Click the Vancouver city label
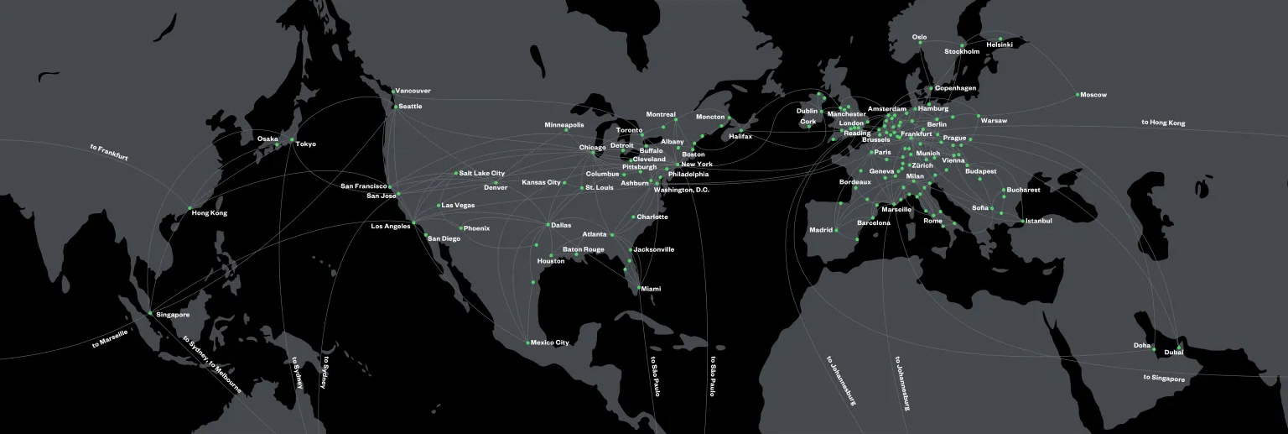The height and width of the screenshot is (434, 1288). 413,91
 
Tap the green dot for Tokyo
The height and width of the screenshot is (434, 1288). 291,139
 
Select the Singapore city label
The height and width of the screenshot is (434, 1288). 173,315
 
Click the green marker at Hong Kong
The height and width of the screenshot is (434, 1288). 190,207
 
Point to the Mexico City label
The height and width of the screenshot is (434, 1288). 550,342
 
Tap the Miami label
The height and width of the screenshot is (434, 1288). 651,289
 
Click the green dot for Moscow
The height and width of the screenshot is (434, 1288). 1078,94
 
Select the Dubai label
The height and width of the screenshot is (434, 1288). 1173,353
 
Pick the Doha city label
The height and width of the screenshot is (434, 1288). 1142,345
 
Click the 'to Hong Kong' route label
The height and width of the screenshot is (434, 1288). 1163,123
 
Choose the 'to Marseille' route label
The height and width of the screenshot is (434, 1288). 110,339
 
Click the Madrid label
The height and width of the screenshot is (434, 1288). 821,230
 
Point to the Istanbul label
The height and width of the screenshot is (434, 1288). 1037,221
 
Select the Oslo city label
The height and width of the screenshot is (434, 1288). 919,37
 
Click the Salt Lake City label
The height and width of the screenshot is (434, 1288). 482,173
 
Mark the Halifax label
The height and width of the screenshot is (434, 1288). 740,136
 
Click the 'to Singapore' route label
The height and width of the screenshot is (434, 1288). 1164,378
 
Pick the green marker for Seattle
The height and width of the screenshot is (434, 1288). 395,107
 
